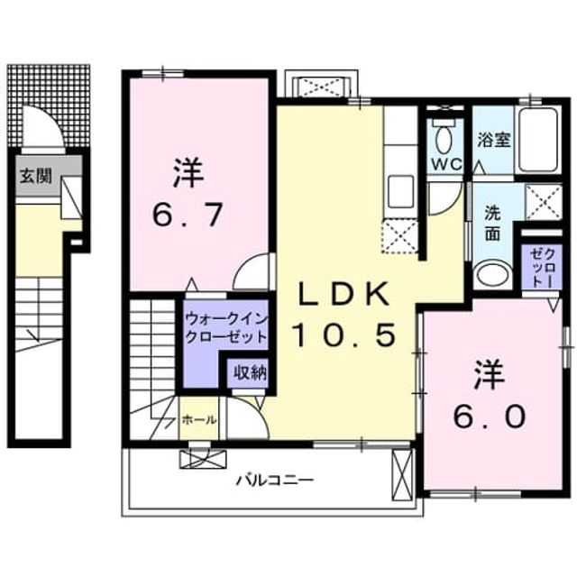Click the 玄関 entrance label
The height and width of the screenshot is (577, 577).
click(x=35, y=176)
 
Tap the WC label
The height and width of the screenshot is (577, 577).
click(x=446, y=164)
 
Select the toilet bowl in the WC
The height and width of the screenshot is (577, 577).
click(x=444, y=139)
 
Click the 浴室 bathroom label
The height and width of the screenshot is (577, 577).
click(x=493, y=140)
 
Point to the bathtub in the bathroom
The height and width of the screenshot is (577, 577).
click(x=539, y=140)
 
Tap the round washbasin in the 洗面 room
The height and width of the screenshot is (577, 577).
click(x=491, y=275)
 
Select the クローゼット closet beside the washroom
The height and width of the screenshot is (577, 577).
click(x=542, y=267)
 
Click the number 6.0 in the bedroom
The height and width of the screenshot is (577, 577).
click(x=489, y=417)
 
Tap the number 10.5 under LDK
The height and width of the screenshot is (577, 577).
click(x=344, y=334)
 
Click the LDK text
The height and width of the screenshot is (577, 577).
click(x=344, y=293)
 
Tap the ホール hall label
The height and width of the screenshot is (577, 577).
click(x=199, y=419)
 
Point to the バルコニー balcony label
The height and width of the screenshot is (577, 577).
click(x=275, y=480)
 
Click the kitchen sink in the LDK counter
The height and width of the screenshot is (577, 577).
click(x=400, y=192)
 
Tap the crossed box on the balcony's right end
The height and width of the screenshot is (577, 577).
click(x=403, y=475)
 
